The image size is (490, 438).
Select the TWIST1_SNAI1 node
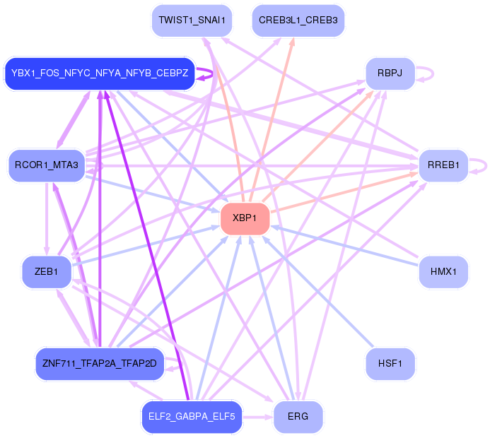pyautogui.click(x=192, y=20)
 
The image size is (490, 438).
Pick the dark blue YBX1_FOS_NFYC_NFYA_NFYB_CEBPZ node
pyautogui.click(x=100, y=73)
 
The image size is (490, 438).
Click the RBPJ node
pyautogui.click(x=390, y=73)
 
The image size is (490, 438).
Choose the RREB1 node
pyautogui.click(x=443, y=165)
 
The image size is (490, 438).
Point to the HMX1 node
pyautogui.click(x=443, y=271)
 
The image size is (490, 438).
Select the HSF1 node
pyautogui.click(x=390, y=364)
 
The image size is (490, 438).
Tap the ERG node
pyautogui.click(x=298, y=417)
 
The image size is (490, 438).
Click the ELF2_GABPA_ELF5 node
pyautogui.click(x=192, y=417)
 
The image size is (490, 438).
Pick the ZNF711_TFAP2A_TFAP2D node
pyautogui.click(x=100, y=364)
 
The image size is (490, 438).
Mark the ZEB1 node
pyautogui.click(x=47, y=271)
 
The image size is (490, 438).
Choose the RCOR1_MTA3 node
pyautogui.click(x=47, y=165)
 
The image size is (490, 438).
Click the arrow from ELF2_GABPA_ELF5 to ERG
pyautogui.click(x=257, y=417)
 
